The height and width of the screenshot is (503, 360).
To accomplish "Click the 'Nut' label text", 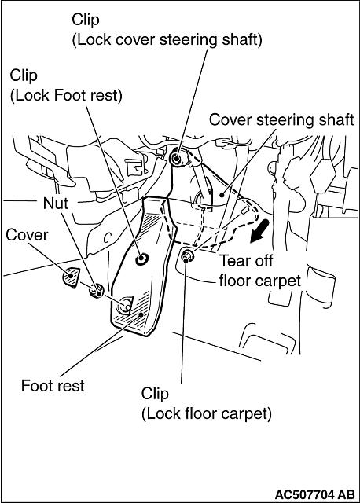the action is click(56, 204).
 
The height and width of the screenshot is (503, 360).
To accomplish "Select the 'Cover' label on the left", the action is click(27, 235).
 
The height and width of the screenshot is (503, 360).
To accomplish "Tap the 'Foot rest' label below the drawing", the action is click(53, 385).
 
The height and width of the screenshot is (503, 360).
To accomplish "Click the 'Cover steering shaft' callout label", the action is click(281, 120).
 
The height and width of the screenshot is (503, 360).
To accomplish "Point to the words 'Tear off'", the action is click(246, 260).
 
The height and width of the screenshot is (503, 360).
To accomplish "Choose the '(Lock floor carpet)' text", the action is click(206, 413).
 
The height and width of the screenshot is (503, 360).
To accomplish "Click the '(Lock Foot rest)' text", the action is click(66, 96).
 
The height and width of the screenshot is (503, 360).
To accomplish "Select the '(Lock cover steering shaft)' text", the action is click(167, 40).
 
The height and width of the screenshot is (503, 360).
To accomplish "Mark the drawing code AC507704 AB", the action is click(315, 494).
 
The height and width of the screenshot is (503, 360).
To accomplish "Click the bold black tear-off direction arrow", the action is click(260, 231).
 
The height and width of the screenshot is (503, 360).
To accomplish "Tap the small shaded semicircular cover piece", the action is click(70, 277).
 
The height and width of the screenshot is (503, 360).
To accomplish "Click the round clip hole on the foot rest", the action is click(141, 259).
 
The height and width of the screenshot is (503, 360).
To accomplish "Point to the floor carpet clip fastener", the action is click(186, 256).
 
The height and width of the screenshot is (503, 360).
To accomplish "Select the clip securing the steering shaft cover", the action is click(177, 158).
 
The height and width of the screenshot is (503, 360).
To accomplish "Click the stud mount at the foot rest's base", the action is click(125, 306).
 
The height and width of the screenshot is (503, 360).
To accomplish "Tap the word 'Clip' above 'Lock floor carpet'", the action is click(155, 394).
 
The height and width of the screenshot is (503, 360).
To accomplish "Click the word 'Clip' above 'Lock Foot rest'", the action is click(24, 75).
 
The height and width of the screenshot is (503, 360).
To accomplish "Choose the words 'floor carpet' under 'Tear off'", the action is click(260, 281).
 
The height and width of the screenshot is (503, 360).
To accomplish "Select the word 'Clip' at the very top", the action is click(86, 20).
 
